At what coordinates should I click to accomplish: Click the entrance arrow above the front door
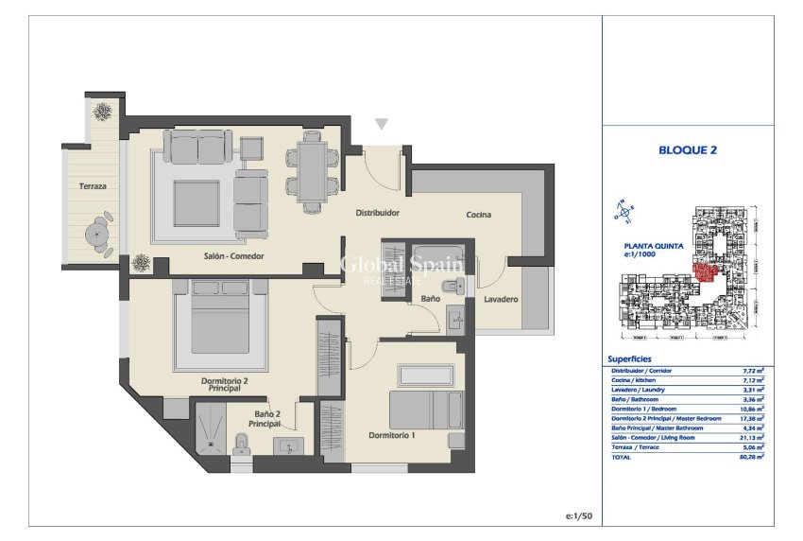(381, 124)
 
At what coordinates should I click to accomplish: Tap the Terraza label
(93, 186)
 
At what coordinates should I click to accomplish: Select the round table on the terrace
(97, 232)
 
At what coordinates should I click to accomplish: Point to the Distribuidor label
(377, 213)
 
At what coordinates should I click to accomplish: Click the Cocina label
(478, 215)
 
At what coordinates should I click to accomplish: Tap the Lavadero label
(501, 299)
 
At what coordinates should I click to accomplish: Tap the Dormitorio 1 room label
(391, 435)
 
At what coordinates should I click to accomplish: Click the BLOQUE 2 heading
(688, 149)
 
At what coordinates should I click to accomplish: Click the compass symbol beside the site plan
(623, 212)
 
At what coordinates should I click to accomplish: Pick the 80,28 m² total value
(751, 456)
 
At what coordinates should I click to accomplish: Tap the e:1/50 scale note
(577, 515)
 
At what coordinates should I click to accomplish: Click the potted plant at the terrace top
(101, 110)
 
